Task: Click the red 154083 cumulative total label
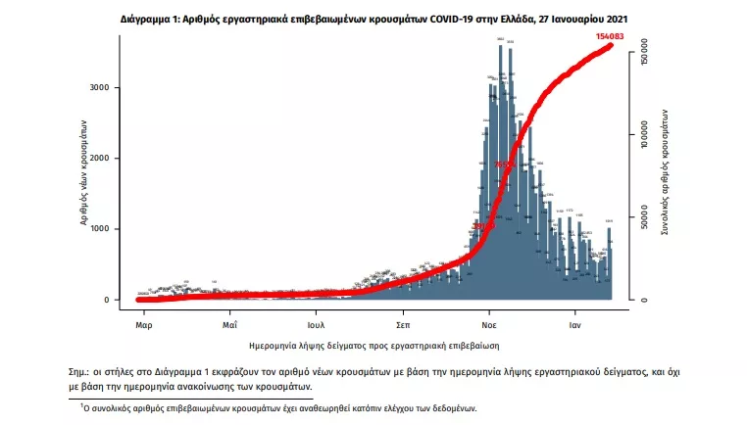(x=615, y=36)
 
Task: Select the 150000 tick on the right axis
(x=645, y=54)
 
